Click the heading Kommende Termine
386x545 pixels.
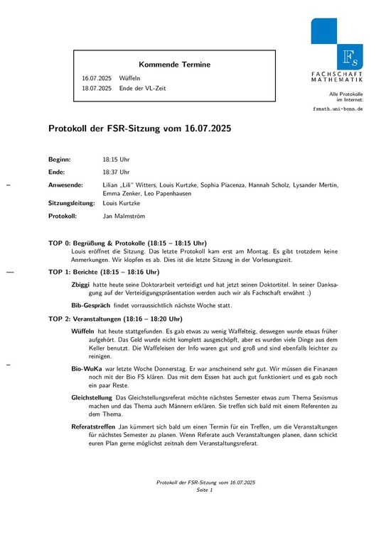tap(174, 65)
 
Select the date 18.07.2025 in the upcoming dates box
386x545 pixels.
tap(97, 89)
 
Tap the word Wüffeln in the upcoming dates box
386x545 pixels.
tap(130, 78)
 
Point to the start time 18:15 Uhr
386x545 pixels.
tap(117, 160)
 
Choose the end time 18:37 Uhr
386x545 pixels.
tap(117, 172)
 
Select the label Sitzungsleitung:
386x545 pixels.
tap(71, 203)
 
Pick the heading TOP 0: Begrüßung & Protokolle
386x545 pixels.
tap(127, 243)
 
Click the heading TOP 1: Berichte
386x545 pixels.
tap(104, 272)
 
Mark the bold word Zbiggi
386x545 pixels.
tap(80, 284)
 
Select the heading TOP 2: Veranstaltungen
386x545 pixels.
tap(119, 319)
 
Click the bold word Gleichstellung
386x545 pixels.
tap(92, 397)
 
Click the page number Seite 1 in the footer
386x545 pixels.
tap(205, 490)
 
